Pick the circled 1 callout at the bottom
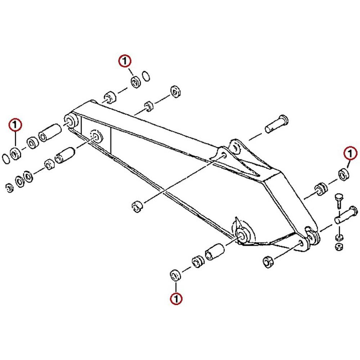(176, 298)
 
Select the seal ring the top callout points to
(136, 82)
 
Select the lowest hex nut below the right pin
(338, 247)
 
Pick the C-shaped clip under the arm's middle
(138, 207)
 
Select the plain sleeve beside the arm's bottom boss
(215, 251)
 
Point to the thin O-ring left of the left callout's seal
(5, 158)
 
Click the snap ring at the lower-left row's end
(9, 188)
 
